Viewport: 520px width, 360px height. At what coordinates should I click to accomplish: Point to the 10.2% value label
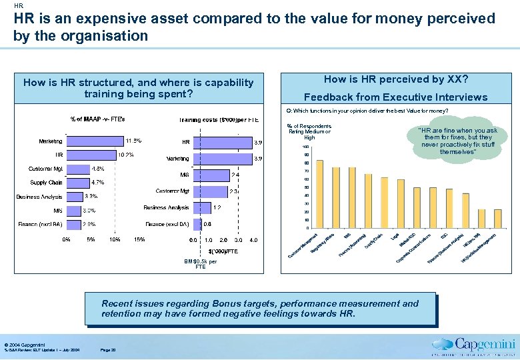pyautogui.click(x=125, y=155)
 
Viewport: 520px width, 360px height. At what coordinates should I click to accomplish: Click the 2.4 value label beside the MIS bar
pyautogui.click(x=235, y=175)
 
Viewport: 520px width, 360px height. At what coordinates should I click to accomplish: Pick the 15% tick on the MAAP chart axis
pyautogui.click(x=140, y=239)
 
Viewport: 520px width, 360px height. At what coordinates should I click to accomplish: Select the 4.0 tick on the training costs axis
pyautogui.click(x=253, y=239)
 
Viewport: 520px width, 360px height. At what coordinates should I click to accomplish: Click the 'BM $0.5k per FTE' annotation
pyautogui.click(x=201, y=263)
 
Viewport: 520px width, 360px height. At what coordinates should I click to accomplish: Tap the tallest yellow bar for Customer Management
pyautogui.click(x=319, y=193)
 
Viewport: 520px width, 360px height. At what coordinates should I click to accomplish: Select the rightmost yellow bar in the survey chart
pyautogui.click(x=497, y=219)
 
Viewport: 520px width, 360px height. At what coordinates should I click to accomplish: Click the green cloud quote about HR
pyautogui.click(x=457, y=141)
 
